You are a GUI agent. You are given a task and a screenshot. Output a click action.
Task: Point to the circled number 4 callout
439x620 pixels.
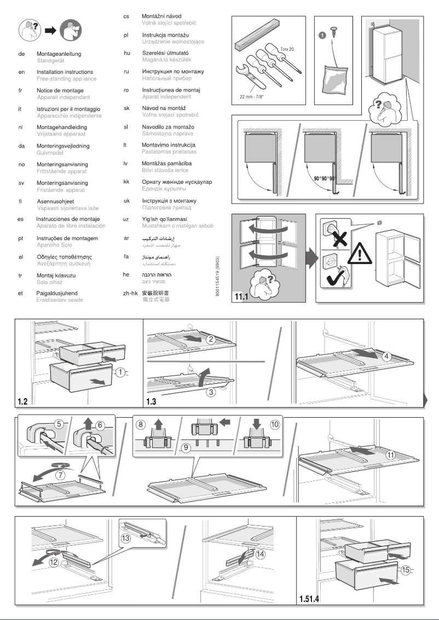pyautogui.click(x=386, y=356)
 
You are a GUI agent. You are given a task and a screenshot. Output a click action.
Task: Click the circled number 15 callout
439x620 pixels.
pyautogui.click(x=406, y=570)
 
